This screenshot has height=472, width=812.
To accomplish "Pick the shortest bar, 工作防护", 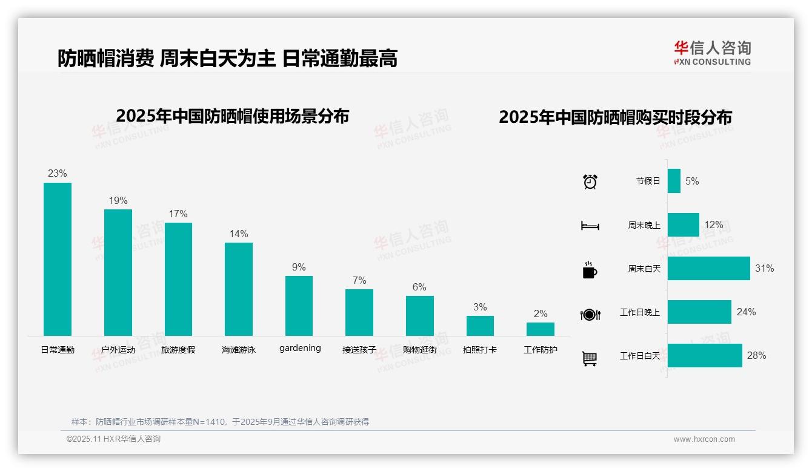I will (540, 329).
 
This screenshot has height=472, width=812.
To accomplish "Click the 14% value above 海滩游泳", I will (239, 234).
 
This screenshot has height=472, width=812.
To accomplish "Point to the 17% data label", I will (178, 214).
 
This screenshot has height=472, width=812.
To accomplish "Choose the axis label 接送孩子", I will (359, 350).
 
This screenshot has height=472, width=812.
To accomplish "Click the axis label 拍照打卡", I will (480, 350).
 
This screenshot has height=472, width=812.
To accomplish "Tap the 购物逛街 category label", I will (419, 350).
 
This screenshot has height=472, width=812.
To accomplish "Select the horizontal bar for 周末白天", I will (708, 268).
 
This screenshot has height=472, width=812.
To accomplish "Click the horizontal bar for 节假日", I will (674, 181).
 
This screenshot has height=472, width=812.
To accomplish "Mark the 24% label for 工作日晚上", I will (746, 312).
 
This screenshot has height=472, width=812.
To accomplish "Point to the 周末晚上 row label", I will (644, 225).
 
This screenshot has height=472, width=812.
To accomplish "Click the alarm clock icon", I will (590, 181).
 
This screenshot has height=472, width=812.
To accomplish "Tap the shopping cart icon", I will (590, 358).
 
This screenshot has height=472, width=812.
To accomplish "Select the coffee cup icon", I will (590, 270).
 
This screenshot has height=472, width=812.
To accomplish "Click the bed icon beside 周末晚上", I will (590, 226).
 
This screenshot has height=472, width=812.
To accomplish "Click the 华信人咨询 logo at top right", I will (712, 53).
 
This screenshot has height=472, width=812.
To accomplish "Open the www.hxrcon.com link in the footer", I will (704, 439).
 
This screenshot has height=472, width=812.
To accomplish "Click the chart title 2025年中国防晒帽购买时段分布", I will (615, 117).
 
